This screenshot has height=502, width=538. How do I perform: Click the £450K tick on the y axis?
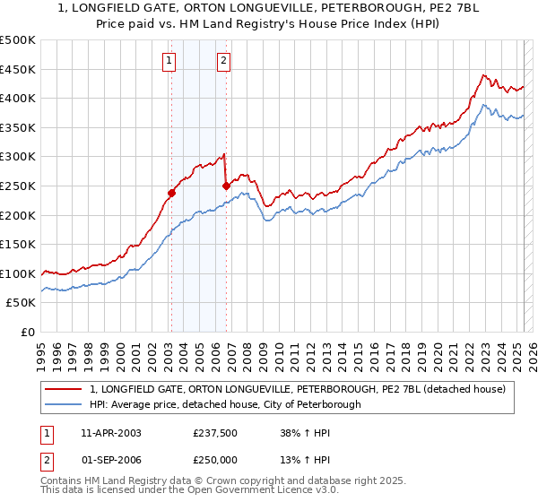click(18, 69)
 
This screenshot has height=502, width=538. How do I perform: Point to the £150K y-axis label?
click(18, 244)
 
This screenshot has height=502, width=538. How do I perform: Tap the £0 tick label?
click(27, 332)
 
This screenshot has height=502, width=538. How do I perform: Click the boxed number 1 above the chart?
click(169, 61)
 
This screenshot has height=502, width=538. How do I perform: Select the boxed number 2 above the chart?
click(223, 61)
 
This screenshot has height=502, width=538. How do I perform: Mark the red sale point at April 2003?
click(171, 193)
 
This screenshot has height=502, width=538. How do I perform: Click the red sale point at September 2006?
click(226, 186)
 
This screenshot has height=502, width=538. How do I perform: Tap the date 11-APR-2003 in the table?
click(111, 433)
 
